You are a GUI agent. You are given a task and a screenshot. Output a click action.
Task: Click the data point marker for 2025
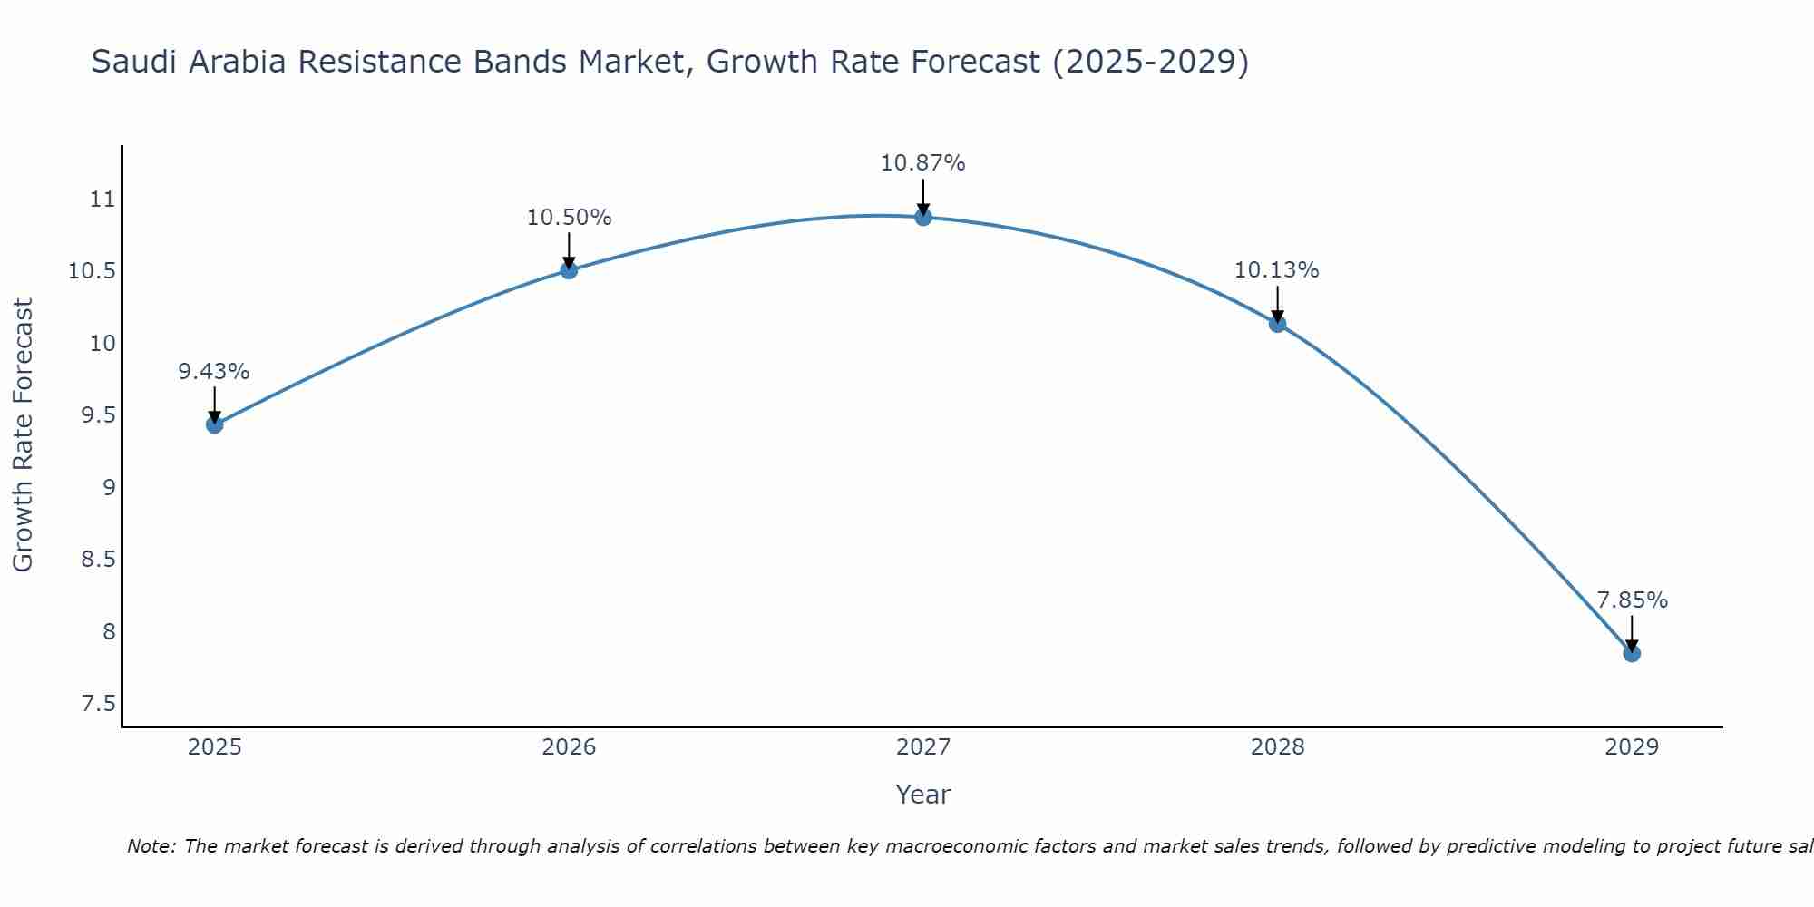click(x=215, y=424)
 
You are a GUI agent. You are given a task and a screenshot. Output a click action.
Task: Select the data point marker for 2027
click(x=923, y=217)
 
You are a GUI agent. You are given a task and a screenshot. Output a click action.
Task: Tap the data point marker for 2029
click(x=1632, y=653)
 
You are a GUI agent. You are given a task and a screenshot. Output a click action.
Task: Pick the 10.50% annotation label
click(x=569, y=218)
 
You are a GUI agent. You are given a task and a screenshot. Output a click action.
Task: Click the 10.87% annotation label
click(x=922, y=163)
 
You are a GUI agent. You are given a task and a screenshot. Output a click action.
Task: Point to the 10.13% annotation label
click(x=1276, y=270)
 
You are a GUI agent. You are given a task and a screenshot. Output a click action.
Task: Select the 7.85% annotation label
click(x=1632, y=600)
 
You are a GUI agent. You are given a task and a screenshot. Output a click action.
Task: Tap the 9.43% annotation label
click(x=213, y=372)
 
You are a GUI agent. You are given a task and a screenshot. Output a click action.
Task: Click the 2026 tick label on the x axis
click(x=569, y=747)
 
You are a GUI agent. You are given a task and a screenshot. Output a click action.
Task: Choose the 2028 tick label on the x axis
click(x=1277, y=747)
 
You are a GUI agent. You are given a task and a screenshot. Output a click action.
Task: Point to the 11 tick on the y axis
click(x=103, y=200)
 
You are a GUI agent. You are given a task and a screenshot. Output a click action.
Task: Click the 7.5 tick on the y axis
click(x=98, y=704)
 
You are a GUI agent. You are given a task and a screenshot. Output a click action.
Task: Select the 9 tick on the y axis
click(x=109, y=488)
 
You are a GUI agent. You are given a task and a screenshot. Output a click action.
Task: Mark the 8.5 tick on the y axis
click(x=98, y=560)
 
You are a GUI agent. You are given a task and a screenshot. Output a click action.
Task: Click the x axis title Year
click(x=922, y=795)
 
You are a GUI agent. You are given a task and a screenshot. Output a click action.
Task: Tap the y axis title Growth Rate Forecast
click(x=23, y=435)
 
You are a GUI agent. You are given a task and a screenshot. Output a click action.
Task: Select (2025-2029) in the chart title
click(x=1149, y=62)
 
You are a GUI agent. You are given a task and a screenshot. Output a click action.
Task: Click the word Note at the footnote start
click(x=151, y=846)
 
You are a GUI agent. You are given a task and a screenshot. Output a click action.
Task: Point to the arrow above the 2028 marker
click(x=1277, y=303)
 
